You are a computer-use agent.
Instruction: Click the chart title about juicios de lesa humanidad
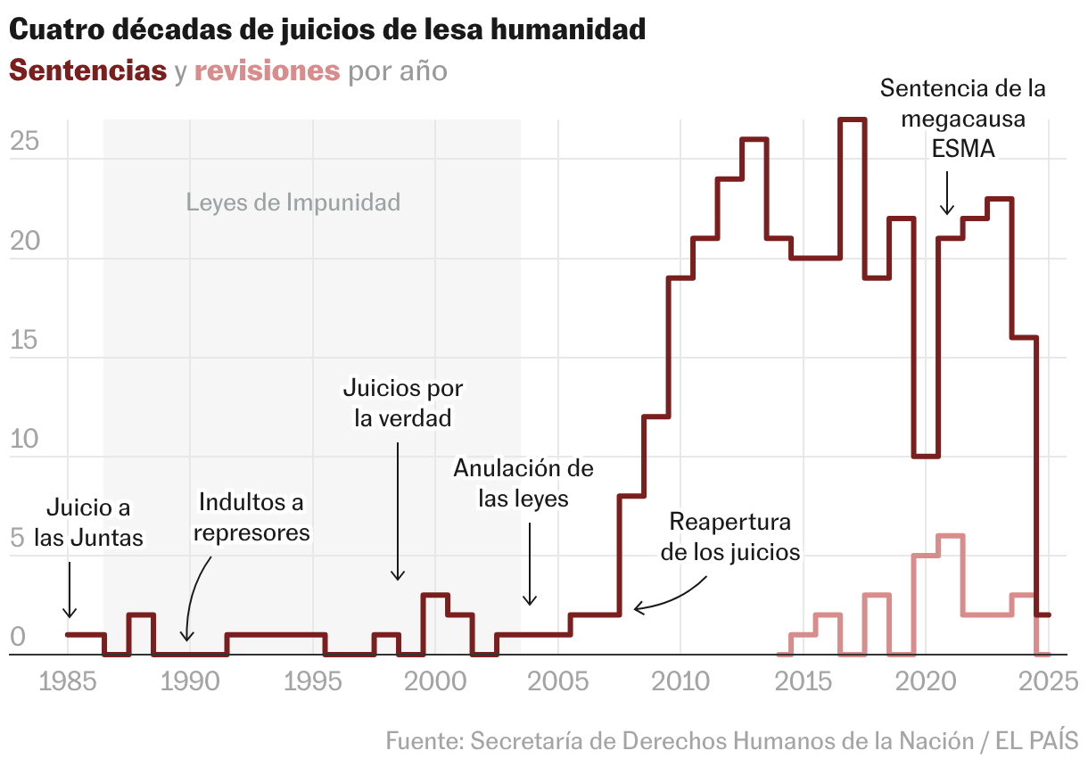326,30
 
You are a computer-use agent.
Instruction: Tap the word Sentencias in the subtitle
87,70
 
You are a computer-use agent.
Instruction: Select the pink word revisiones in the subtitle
267,70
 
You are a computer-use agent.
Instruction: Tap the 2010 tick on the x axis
680,683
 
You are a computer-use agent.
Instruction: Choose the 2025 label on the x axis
1048,683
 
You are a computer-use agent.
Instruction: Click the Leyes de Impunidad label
293,202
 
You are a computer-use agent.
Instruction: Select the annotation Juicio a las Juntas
88,524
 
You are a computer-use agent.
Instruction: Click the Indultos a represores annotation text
251,517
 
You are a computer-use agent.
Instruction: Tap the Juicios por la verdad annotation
403,403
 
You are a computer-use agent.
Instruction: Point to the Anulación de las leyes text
523,482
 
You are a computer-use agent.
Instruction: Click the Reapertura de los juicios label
730,536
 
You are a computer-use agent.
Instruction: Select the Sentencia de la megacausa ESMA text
962,119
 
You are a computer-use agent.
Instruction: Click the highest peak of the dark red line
852,120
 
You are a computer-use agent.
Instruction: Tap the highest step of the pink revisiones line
951,536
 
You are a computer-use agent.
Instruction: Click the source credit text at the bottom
732,740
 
